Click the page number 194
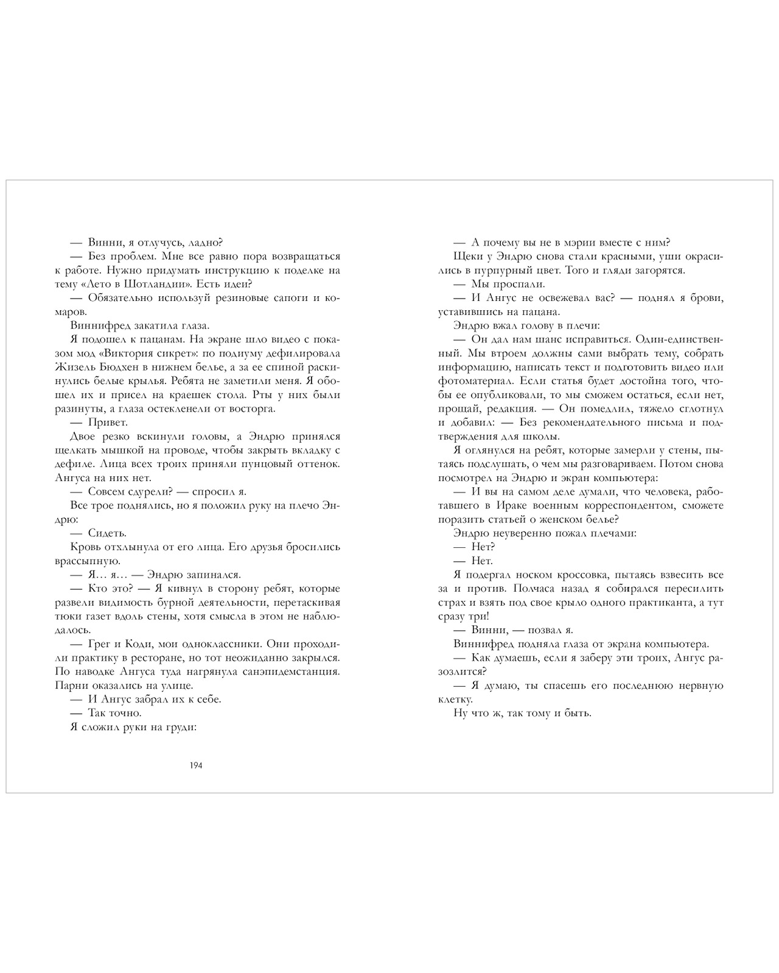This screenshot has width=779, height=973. point(196,765)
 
